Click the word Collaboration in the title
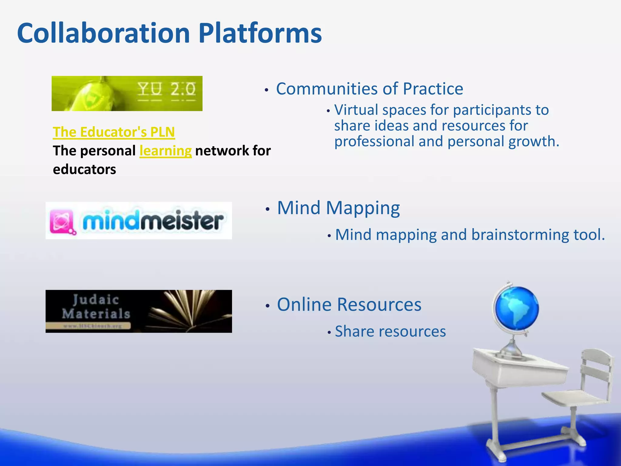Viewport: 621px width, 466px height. point(103,33)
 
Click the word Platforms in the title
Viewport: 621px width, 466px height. point(260,33)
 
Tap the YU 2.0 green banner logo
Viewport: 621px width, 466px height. point(127,93)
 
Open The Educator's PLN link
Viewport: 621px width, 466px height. point(114,132)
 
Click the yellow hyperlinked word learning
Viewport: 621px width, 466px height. point(166,151)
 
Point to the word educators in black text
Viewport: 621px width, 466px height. point(84,169)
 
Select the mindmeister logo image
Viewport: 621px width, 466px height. point(139,221)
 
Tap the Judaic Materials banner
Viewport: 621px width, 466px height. point(139,311)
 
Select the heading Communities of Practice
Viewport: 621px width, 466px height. point(369,89)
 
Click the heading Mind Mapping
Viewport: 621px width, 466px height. point(338,208)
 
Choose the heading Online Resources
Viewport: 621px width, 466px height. point(349,304)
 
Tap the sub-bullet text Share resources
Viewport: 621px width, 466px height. point(390,331)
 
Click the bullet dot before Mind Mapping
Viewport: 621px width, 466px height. point(267,209)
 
